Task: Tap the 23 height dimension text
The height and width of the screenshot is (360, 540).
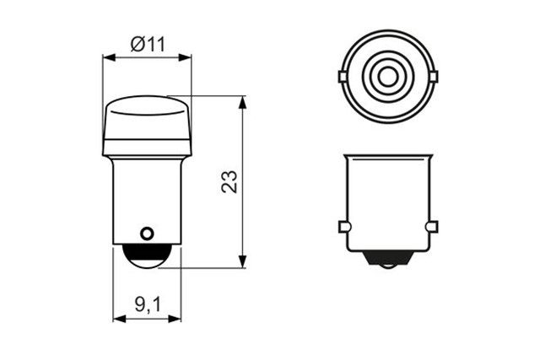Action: (x=229, y=182)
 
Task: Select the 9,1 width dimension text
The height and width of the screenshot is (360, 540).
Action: (x=148, y=305)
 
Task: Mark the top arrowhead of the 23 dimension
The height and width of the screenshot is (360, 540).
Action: (x=243, y=100)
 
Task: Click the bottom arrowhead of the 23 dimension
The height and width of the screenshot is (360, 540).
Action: (x=243, y=263)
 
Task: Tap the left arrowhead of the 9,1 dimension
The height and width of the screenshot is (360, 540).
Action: (x=117, y=320)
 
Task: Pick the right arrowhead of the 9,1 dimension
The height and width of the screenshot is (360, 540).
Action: (x=176, y=320)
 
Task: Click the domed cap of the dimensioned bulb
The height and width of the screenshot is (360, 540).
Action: (x=147, y=126)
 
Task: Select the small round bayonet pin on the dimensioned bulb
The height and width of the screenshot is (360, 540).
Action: (x=147, y=232)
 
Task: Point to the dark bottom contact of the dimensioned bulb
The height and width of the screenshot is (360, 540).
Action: (x=147, y=257)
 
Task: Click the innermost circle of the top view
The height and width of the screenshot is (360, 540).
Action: (x=387, y=77)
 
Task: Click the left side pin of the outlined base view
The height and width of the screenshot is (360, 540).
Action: (x=343, y=227)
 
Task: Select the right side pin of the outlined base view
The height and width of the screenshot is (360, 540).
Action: (x=432, y=227)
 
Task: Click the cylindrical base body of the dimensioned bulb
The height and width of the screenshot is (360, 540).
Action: (x=147, y=198)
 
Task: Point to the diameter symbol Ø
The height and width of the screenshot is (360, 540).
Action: (x=137, y=44)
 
